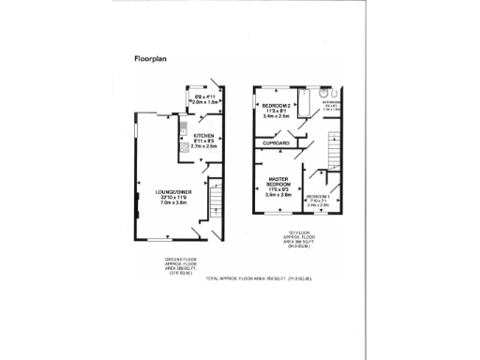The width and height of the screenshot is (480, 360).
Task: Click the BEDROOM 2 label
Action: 277,104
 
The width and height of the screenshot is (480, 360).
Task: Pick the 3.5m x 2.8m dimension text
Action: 278,195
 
